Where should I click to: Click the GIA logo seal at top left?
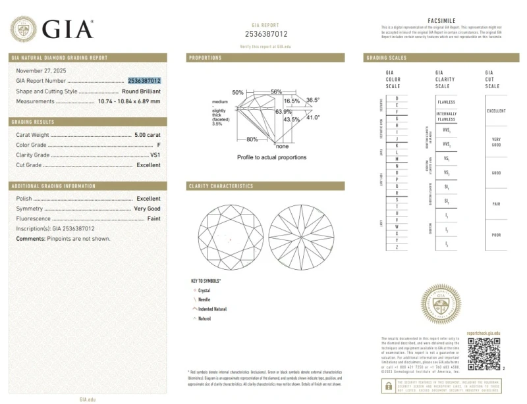(x=23, y=29)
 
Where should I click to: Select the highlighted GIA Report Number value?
(x=144, y=80)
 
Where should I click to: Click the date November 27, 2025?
(x=41, y=70)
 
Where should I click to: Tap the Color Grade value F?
(x=158, y=144)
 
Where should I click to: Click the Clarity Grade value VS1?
(x=155, y=155)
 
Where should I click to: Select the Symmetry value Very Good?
(x=147, y=208)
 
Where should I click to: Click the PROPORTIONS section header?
(x=206, y=58)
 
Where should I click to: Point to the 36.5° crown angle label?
(x=312, y=100)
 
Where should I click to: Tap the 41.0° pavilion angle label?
(x=312, y=117)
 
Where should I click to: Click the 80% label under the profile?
(x=252, y=139)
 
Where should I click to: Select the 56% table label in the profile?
(x=276, y=91)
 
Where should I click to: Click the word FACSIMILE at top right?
(x=441, y=21)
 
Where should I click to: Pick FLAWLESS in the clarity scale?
(x=446, y=103)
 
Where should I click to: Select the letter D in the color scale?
(x=397, y=98)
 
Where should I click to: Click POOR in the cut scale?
(x=496, y=235)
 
